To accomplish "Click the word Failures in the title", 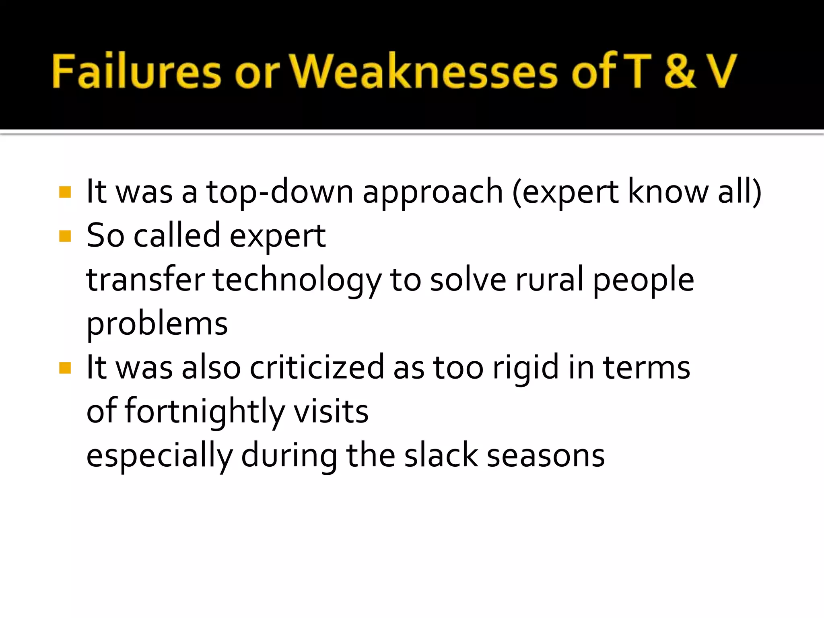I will (136, 71).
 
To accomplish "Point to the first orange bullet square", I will (65, 192).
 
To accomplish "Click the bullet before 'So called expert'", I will (65, 236).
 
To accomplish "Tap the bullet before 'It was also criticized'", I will (65, 368).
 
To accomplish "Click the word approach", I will (433, 192).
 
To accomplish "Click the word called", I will (177, 236).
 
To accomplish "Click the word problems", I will (157, 324).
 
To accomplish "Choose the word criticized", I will (317, 368).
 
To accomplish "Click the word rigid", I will (525, 369).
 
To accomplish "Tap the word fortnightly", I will (204, 412).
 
